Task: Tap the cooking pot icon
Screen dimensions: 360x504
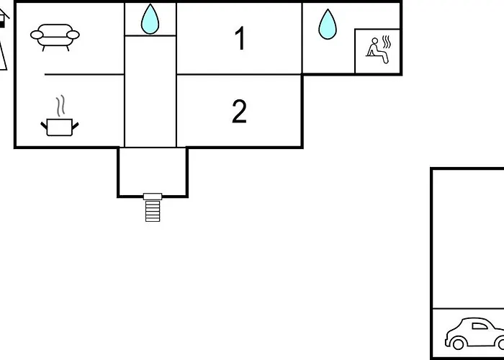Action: pyautogui.click(x=59, y=127)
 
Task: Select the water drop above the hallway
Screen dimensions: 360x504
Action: pyautogui.click(x=150, y=19)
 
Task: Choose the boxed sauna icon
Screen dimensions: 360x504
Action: pyautogui.click(x=377, y=51)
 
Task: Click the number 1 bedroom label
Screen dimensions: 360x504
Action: pyautogui.click(x=240, y=39)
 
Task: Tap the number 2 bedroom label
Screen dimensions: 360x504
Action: pyautogui.click(x=239, y=112)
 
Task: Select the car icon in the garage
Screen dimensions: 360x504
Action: pyautogui.click(x=475, y=334)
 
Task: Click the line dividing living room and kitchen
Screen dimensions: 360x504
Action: pyautogui.click(x=84, y=74)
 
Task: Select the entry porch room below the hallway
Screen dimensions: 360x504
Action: pyautogui.click(x=152, y=171)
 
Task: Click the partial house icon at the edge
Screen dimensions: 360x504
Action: pyautogui.click(x=3, y=43)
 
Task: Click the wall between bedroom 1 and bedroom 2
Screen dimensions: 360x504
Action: pyautogui.click(x=239, y=74)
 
